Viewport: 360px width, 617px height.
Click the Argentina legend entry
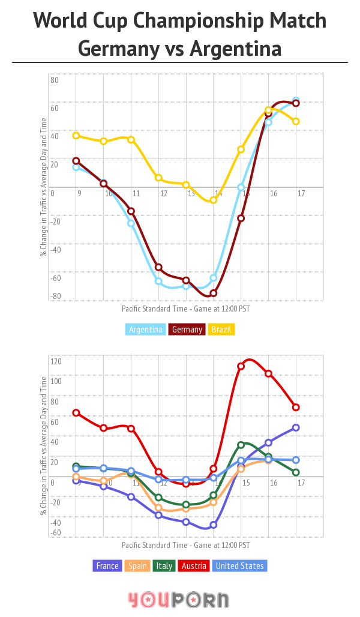[146, 330]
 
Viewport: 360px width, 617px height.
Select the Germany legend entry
[187, 330]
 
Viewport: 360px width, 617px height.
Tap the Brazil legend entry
[221, 330]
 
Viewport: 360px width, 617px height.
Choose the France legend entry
[107, 566]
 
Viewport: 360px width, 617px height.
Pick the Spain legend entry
[139, 566]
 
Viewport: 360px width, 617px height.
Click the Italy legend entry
[164, 566]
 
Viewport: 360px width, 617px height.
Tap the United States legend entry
[239, 566]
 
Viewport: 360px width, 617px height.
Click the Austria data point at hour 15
[241, 366]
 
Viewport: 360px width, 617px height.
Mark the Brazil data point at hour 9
[76, 136]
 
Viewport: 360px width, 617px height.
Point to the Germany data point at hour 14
[213, 293]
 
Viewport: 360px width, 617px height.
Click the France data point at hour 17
[296, 427]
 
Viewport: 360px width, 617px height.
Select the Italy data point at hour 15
[241, 445]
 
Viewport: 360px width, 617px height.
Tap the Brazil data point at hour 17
[296, 121]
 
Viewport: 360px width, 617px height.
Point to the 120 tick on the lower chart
[56, 361]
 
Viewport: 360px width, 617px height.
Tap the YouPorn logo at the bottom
[178, 600]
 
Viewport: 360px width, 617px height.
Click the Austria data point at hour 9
[76, 412]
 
